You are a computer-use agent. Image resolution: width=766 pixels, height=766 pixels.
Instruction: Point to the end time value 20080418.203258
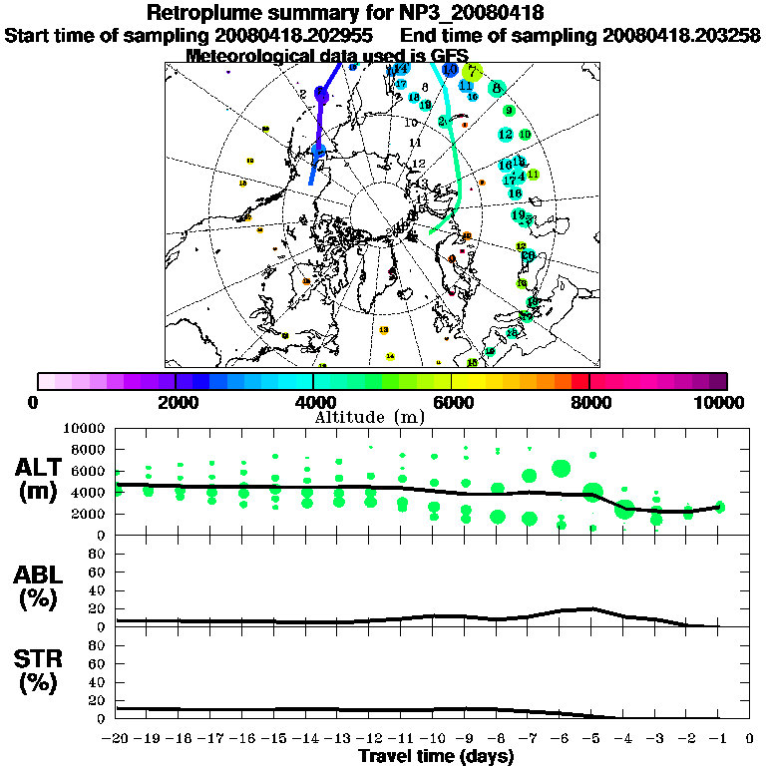[681, 35]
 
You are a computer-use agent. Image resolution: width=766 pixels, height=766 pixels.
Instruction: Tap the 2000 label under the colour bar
[176, 402]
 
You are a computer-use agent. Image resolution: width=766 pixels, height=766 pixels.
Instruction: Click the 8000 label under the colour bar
[589, 402]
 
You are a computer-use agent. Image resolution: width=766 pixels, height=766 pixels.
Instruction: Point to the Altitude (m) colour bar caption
[383, 416]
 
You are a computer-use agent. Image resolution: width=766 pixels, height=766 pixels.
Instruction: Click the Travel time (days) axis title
[436, 756]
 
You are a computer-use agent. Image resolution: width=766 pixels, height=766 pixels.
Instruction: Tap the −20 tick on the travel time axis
[117, 739]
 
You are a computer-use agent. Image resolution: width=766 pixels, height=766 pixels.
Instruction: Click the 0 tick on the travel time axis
[749, 739]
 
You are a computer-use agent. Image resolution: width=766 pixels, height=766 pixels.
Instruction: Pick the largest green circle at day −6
[561, 468]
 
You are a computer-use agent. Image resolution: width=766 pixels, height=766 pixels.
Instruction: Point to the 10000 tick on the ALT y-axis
[84, 428]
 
